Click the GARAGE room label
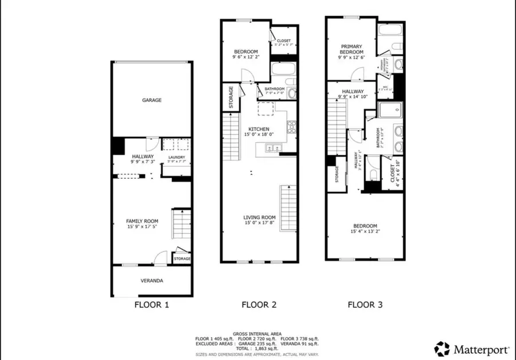tap(152, 100)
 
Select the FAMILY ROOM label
tap(142, 221)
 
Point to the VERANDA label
tap(152, 281)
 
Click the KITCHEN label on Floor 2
tap(259, 128)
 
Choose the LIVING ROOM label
tap(259, 217)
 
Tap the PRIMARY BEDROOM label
tap(353, 49)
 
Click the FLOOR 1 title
tap(151, 305)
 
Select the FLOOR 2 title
tap(259, 305)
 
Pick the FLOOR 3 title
tap(365, 305)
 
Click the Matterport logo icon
tap(441, 348)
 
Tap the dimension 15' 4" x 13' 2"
tap(365, 232)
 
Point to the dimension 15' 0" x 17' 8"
tap(259, 224)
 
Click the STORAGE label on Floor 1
tap(182, 259)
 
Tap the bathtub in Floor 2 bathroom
tap(282, 72)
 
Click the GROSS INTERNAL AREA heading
tap(257, 334)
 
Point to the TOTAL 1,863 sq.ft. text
tap(257, 348)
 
